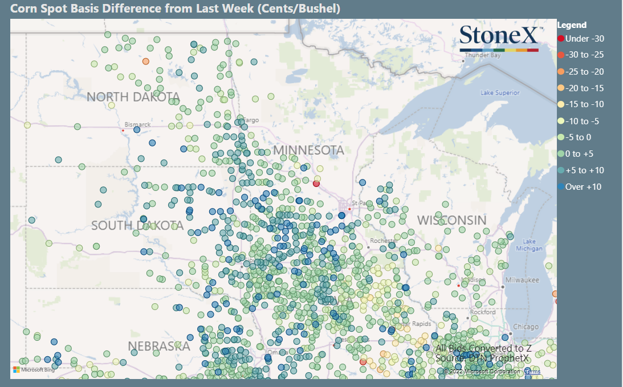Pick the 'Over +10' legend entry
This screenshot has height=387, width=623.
[583, 187]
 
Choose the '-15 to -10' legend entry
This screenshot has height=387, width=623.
[584, 104]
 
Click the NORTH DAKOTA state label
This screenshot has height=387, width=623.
[133, 97]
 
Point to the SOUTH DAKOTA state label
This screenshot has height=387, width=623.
[137, 226]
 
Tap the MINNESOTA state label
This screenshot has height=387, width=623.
[308, 150]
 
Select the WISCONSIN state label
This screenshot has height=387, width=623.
[451, 220]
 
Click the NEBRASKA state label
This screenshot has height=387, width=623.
[158, 346]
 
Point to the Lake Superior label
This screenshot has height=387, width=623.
[500, 92]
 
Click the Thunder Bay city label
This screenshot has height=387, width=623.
[482, 56]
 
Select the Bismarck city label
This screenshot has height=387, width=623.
[138, 124]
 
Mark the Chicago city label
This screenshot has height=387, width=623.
[526, 327]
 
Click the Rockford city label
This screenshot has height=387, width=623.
[483, 312]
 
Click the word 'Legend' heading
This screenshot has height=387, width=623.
[572, 25]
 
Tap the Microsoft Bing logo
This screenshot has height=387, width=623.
[33, 370]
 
